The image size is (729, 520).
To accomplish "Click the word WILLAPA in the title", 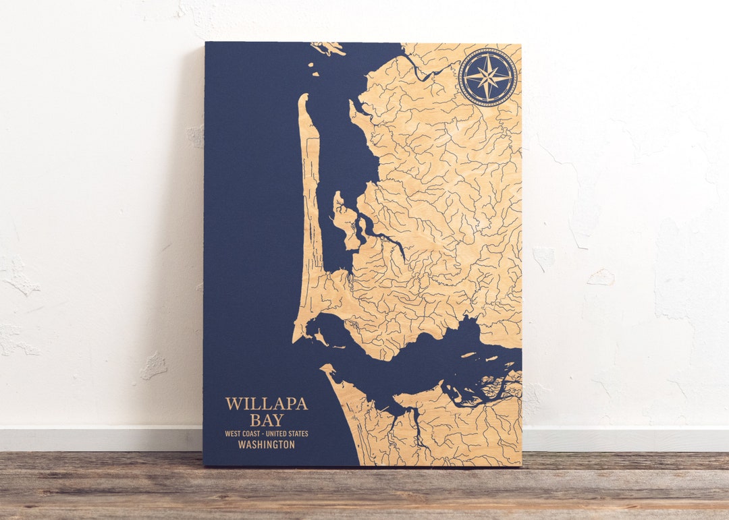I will pyautogui.click(x=266, y=404).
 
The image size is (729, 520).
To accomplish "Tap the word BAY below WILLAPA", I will pyautogui.click(x=266, y=420).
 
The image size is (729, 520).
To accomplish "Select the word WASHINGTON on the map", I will pyautogui.click(x=266, y=445).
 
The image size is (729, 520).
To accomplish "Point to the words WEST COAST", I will pyautogui.click(x=244, y=433).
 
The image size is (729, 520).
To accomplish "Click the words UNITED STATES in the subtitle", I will pyautogui.click(x=289, y=433).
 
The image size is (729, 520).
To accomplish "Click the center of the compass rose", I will pyautogui.click(x=487, y=78).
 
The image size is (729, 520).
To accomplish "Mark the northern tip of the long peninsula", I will pyautogui.click(x=303, y=96).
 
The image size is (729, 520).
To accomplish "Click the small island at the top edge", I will pyautogui.click(x=327, y=48).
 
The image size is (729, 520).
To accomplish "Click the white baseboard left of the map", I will pyautogui.click(x=101, y=438).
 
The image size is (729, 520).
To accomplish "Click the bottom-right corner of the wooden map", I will pyautogui.click(x=520, y=465).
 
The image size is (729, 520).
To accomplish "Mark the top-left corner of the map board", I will pyautogui.click(x=205, y=43).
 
